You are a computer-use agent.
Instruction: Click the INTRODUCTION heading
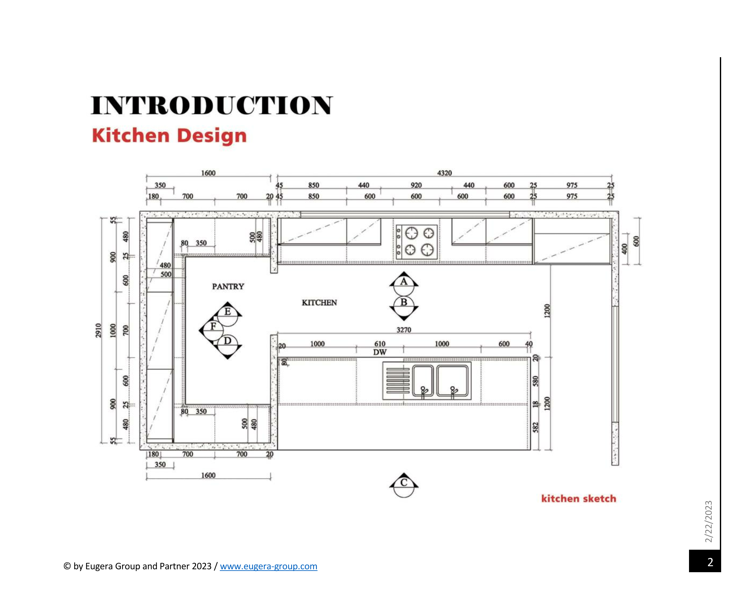(x=212, y=105)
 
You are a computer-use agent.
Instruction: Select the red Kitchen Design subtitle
(x=169, y=136)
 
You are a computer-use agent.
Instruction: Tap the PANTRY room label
(x=228, y=286)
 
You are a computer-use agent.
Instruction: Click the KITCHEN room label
(x=319, y=303)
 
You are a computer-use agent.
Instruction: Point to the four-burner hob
(x=416, y=242)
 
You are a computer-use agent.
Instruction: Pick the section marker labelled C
(x=404, y=485)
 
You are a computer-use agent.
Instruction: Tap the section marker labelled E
(x=228, y=314)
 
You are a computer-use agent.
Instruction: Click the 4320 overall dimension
(x=444, y=173)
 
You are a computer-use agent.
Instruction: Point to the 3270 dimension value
(x=404, y=330)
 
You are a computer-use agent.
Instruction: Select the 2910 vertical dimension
(x=98, y=331)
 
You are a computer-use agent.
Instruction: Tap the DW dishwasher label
(x=380, y=352)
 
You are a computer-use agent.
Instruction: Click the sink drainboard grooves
(x=398, y=380)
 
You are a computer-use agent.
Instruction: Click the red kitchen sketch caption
(x=579, y=499)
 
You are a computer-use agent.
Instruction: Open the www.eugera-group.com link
(x=269, y=566)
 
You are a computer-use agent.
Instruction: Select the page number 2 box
(x=704, y=561)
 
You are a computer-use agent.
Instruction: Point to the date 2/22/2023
(x=708, y=522)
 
